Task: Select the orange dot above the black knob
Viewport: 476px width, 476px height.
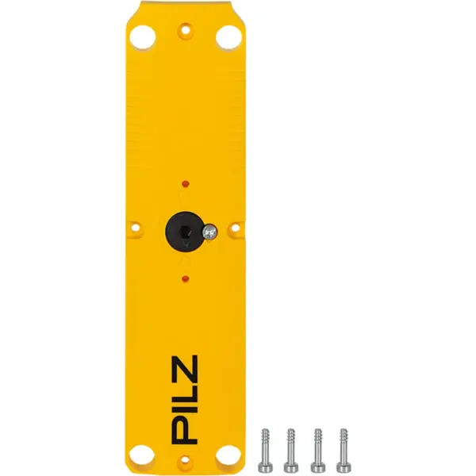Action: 186,183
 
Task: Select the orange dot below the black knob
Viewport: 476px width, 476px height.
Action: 186,278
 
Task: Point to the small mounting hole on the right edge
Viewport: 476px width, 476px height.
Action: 235,231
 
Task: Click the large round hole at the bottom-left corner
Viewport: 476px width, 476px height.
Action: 144,455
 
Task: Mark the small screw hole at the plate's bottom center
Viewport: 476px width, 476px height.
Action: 186,459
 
